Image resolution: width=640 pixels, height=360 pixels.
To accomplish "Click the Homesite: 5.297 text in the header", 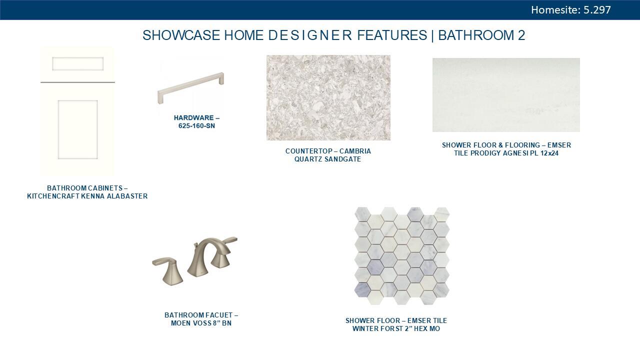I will click(x=570, y=10).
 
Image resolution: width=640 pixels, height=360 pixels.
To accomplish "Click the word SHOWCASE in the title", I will click(x=181, y=35).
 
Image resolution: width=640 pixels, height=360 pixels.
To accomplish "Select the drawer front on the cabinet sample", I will click(x=77, y=63).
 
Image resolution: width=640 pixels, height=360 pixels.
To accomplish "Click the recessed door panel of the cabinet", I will click(x=77, y=129).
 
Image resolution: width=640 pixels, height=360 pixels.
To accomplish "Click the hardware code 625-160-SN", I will click(x=196, y=126).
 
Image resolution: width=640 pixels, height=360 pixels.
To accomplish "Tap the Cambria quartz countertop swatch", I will click(x=328, y=97).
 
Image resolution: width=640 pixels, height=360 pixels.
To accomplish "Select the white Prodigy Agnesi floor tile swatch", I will click(x=506, y=95).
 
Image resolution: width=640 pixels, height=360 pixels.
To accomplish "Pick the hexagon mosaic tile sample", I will click(x=402, y=255).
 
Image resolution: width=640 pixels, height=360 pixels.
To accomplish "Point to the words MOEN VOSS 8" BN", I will click(x=201, y=323).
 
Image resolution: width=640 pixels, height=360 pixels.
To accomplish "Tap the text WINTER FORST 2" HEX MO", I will click(x=396, y=329).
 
